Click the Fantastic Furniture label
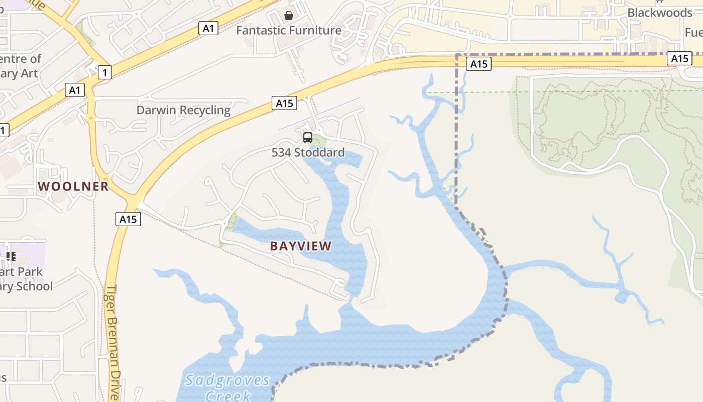[289, 30]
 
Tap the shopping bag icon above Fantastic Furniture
[289, 16]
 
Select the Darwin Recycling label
[184, 110]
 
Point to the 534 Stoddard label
[308, 152]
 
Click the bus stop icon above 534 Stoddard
[308, 138]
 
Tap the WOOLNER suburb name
[73, 186]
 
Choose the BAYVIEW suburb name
[301, 246]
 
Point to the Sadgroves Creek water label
[227, 387]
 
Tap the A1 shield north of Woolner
[74, 90]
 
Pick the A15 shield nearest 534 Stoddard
[284, 103]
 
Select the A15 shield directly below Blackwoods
[679, 58]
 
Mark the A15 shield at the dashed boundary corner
[479, 64]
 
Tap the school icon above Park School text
[11, 257]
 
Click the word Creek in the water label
[228, 395]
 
